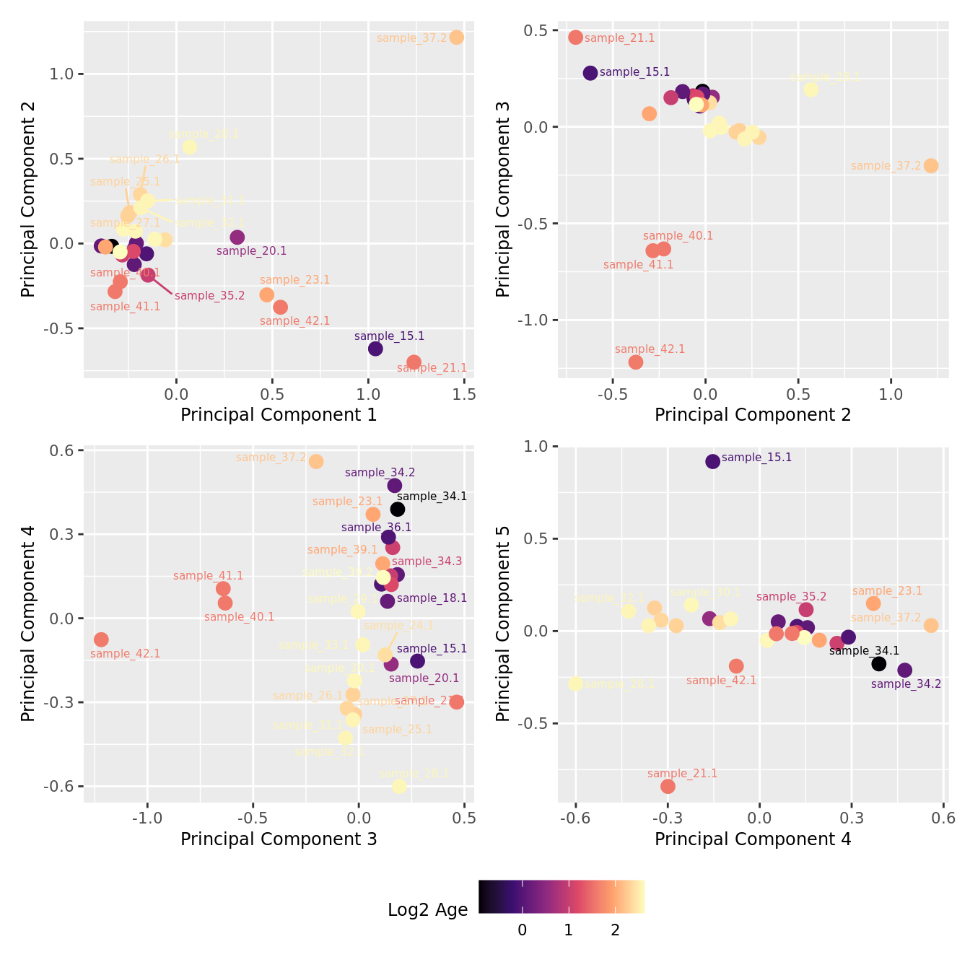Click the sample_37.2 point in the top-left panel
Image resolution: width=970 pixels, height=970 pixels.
(456, 38)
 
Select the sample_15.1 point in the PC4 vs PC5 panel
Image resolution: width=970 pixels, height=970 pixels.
(712, 461)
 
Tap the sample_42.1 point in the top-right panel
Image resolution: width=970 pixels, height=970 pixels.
(635, 362)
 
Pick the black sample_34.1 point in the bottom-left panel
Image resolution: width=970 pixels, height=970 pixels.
(398, 510)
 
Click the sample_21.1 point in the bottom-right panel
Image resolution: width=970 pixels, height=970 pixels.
(668, 786)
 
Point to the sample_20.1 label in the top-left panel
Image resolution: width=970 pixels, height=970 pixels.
(251, 251)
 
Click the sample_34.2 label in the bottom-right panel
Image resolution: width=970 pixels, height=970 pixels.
(906, 684)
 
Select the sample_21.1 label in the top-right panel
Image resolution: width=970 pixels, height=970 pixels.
(619, 38)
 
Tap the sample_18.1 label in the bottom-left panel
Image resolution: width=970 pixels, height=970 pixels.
(432, 598)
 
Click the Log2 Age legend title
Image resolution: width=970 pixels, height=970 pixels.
(427, 910)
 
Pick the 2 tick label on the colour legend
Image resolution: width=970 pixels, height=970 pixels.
(615, 930)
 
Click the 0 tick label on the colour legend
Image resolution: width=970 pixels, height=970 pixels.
(523, 930)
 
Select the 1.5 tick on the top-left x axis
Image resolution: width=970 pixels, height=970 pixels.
(464, 394)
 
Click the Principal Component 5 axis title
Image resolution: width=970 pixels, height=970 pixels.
(503, 624)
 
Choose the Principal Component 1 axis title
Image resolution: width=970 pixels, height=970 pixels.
(279, 415)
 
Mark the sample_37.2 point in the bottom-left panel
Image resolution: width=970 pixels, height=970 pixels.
(316, 461)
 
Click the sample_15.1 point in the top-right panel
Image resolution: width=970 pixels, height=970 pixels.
(590, 73)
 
